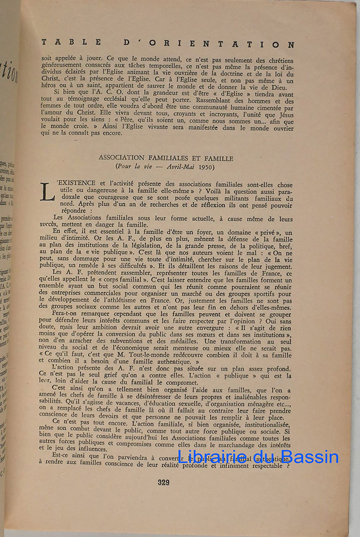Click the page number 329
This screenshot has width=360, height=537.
164,482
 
